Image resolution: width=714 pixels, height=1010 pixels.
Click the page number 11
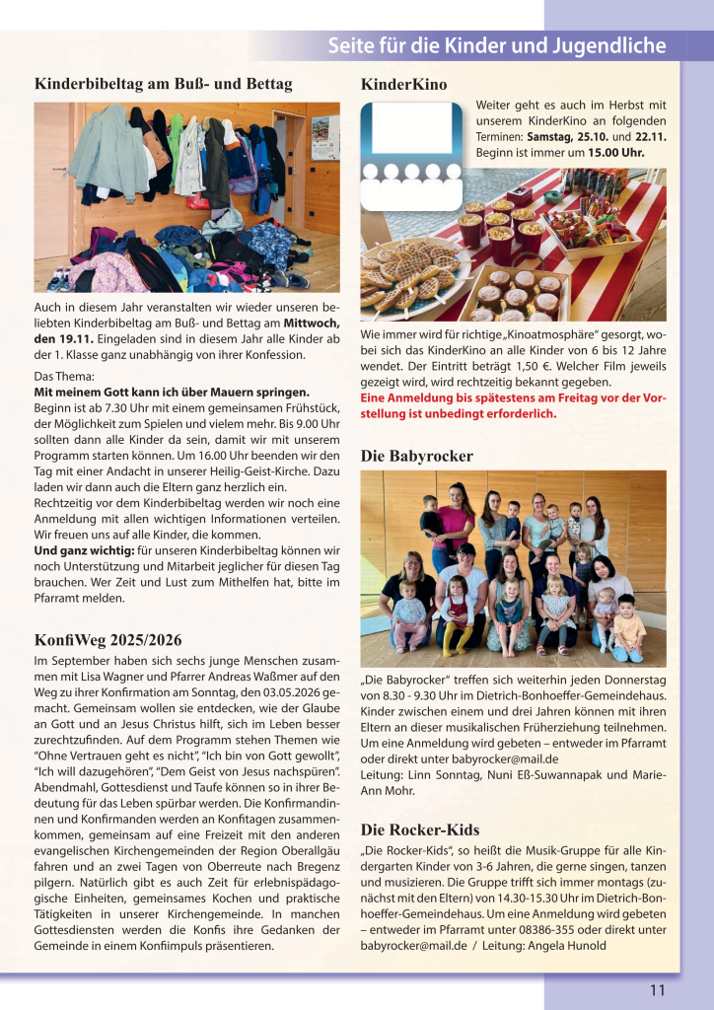(x=657, y=990)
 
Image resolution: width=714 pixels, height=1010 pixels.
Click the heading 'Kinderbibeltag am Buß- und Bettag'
(x=163, y=84)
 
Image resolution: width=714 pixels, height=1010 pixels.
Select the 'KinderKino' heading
(x=404, y=85)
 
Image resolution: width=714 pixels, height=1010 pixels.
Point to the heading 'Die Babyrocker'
(x=417, y=456)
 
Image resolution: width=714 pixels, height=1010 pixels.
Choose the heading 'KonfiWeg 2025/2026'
(x=107, y=639)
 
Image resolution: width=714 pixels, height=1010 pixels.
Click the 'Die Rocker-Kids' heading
(x=419, y=829)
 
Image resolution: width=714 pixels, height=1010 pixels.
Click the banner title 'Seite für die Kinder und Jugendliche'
(x=496, y=46)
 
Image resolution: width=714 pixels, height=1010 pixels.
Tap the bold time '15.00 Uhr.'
(x=616, y=153)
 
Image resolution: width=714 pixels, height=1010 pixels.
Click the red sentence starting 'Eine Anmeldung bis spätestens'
(x=513, y=405)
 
